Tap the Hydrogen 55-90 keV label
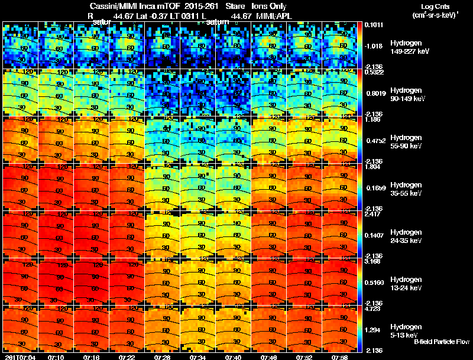(x=407, y=141)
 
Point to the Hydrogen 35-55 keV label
(x=407, y=189)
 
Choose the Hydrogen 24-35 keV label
(x=407, y=236)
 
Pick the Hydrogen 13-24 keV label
(x=407, y=283)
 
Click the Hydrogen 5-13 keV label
(x=406, y=330)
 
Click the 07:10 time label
(x=56, y=357)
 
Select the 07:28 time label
(x=163, y=357)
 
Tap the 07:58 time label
(x=339, y=357)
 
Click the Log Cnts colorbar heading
(x=435, y=6)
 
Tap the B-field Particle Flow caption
(x=441, y=342)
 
